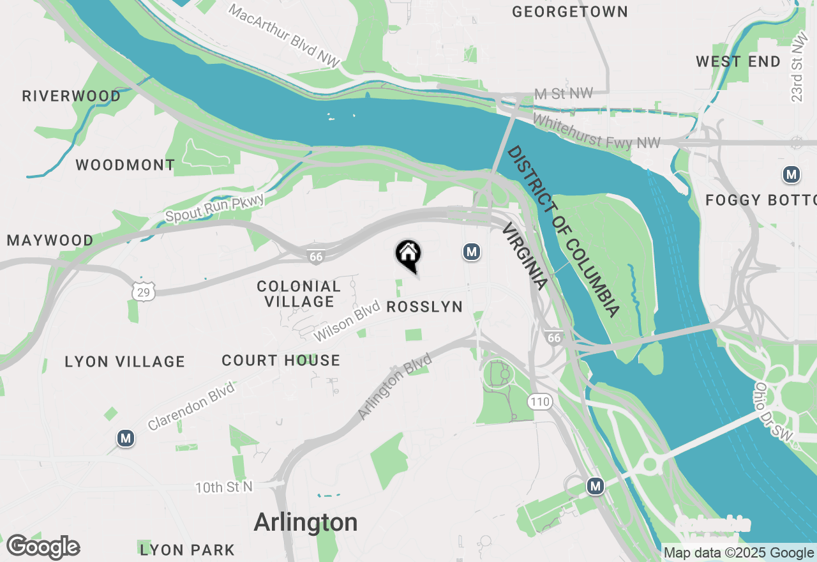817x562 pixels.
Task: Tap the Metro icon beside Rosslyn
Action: click(472, 252)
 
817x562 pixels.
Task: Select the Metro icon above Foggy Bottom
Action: click(791, 174)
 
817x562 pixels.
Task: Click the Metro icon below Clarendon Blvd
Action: click(126, 438)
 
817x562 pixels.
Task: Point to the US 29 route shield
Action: click(142, 291)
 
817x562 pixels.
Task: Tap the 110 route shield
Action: click(539, 402)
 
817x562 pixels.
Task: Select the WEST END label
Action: click(738, 62)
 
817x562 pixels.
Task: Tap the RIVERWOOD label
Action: click(71, 96)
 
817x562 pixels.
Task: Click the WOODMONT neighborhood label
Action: click(125, 165)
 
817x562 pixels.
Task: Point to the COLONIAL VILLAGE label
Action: click(299, 294)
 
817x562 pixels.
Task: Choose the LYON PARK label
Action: click(187, 550)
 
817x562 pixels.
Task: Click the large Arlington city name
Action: click(306, 522)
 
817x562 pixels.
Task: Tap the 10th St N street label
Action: click(224, 487)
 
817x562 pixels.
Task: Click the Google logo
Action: click(43, 547)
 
